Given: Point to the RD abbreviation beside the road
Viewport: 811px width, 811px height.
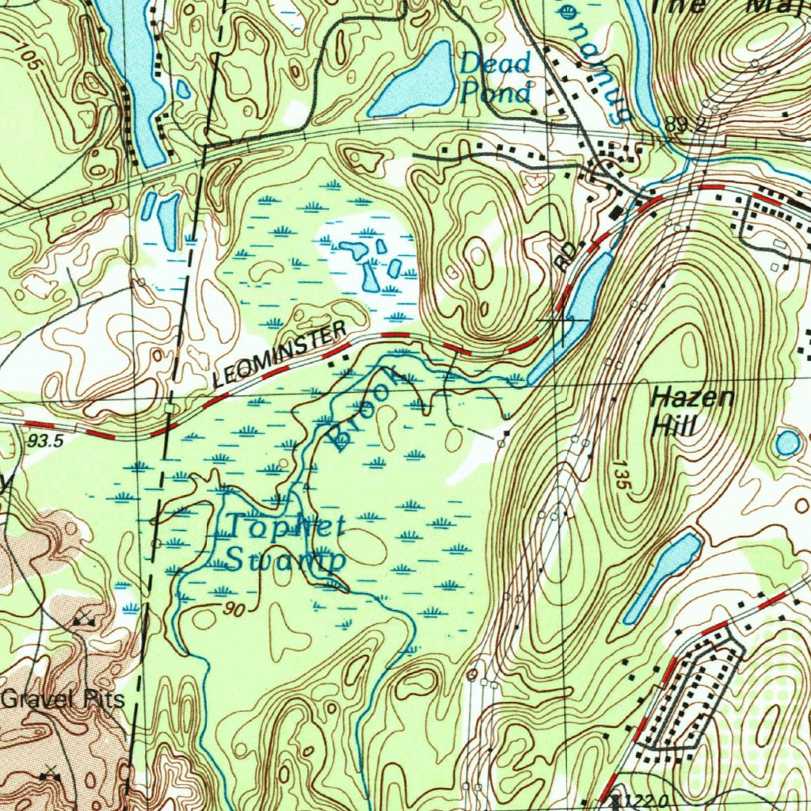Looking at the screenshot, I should [x=566, y=258].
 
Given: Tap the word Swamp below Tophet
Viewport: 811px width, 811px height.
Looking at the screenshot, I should [x=286, y=559].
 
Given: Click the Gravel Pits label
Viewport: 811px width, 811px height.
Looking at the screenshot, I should [x=63, y=700].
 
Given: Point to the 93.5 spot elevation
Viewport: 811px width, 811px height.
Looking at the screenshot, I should [x=44, y=442].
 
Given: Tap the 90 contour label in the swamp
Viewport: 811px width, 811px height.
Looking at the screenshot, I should [x=234, y=609].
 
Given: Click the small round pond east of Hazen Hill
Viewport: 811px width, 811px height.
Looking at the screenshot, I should [x=787, y=443].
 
